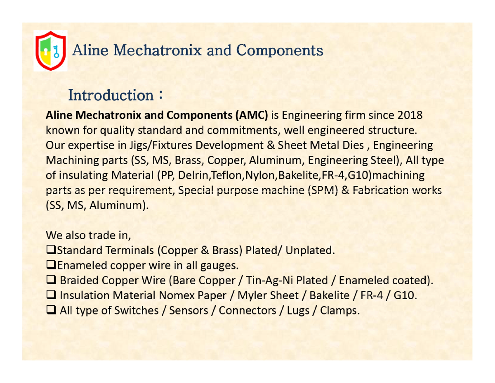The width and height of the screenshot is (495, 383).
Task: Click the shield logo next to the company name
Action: pyautogui.click(x=51, y=51)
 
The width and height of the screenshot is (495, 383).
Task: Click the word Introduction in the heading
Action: pyautogui.click(x=111, y=95)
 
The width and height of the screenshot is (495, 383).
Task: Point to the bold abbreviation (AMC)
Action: pyautogui.click(x=252, y=115)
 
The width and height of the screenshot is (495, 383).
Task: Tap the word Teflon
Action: pyautogui.click(x=228, y=176)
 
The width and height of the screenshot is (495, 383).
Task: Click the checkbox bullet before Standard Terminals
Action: pyautogui.click(x=51, y=250)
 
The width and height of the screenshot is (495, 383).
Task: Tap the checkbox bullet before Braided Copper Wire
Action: pyautogui.click(x=51, y=280)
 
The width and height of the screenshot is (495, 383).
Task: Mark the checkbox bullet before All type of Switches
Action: pyautogui.click(x=51, y=310)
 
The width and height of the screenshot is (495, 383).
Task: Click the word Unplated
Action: pyautogui.click(x=310, y=250)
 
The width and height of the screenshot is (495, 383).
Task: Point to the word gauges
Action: pyautogui.click(x=219, y=266)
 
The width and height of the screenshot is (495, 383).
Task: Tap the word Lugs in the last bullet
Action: pyautogui.click(x=298, y=311)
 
